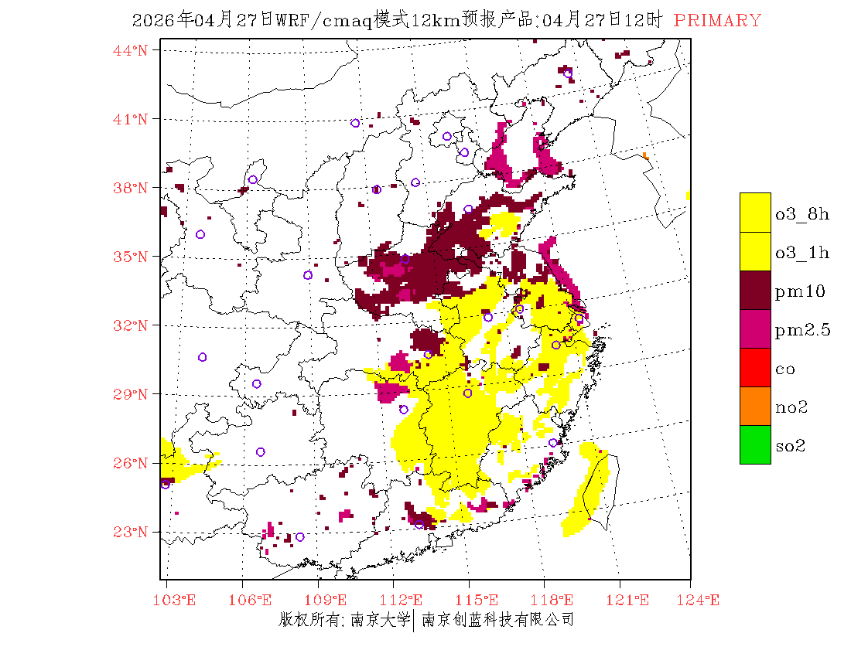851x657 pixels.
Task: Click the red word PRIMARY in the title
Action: [x=717, y=21]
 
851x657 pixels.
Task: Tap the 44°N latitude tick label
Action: [x=131, y=50]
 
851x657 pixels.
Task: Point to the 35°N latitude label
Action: [x=131, y=257]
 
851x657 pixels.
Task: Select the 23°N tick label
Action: [x=131, y=532]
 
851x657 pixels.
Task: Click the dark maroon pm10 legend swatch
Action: [x=755, y=290]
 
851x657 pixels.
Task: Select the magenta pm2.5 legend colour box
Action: [x=755, y=328]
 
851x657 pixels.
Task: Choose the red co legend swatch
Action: [x=755, y=367]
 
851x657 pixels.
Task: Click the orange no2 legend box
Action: [x=755, y=406]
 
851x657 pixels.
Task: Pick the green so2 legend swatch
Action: [x=755, y=444]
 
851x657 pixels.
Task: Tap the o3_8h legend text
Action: [x=802, y=214]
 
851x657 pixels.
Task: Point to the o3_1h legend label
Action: [x=802, y=253]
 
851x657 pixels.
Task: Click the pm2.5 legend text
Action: [x=802, y=330]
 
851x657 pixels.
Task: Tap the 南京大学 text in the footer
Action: [x=379, y=619]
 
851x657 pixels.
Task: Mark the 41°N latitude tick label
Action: [x=131, y=119]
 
